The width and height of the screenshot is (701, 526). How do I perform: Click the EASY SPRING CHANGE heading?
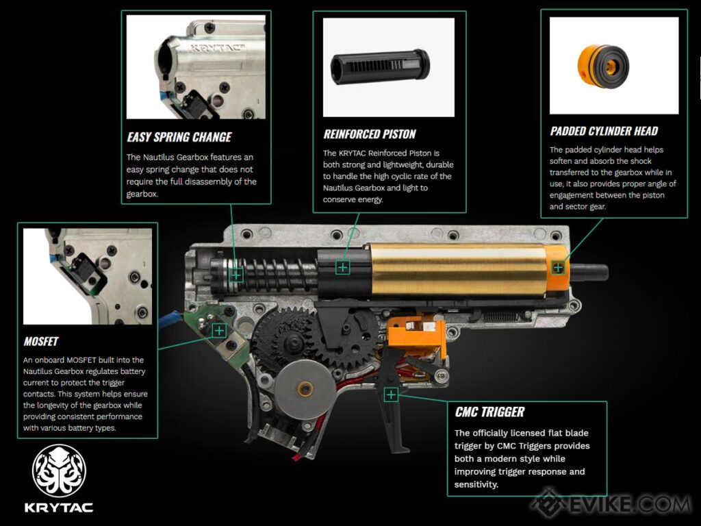pyautogui.click(x=179, y=136)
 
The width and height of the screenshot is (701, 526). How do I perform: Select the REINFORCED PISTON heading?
pyautogui.click(x=370, y=134)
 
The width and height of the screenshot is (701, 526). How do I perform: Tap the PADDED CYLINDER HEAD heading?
pyautogui.click(x=604, y=131)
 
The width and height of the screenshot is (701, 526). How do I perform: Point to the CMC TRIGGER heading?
pyautogui.click(x=489, y=412)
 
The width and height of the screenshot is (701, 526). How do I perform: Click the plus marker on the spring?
pyautogui.click(x=236, y=274)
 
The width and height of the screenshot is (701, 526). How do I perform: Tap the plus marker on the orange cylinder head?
pyautogui.click(x=559, y=267)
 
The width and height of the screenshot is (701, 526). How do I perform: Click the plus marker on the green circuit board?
pyautogui.click(x=219, y=331)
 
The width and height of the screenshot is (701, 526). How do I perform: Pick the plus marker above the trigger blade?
pyautogui.click(x=391, y=394)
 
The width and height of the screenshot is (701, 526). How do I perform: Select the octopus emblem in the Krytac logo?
pyautogui.click(x=60, y=471)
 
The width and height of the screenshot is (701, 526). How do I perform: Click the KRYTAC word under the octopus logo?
pyautogui.click(x=60, y=508)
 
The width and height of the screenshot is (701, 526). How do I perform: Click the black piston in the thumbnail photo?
pyautogui.click(x=380, y=67)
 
